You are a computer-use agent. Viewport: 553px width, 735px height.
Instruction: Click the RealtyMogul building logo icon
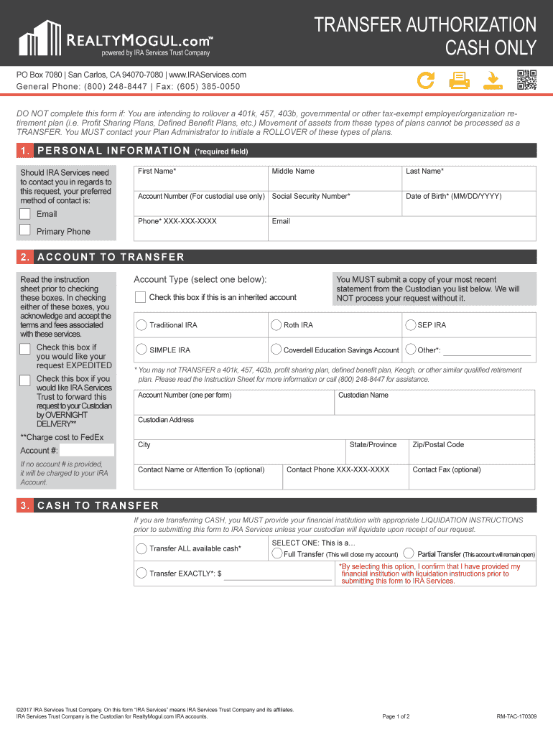(x=41, y=38)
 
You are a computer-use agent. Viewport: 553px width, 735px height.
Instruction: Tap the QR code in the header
(x=526, y=80)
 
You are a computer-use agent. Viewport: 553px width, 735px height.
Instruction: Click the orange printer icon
(x=459, y=80)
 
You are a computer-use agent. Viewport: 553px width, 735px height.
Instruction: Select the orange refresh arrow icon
(x=426, y=80)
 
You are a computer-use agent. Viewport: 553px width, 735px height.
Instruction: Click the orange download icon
(x=493, y=80)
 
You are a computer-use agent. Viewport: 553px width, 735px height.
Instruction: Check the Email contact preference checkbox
(x=25, y=213)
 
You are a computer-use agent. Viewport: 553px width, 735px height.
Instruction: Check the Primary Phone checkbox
(x=25, y=230)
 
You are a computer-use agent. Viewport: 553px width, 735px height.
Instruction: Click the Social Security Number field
(x=335, y=207)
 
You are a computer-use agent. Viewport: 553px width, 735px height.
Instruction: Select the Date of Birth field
(x=468, y=207)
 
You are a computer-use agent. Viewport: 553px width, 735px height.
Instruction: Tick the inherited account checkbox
(x=141, y=297)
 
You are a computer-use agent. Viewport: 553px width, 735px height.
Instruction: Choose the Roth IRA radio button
(x=276, y=325)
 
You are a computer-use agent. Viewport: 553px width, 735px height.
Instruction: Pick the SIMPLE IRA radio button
(x=141, y=350)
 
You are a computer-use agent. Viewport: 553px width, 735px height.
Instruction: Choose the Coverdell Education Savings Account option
(x=276, y=350)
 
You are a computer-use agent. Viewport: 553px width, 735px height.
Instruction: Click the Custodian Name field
(x=434, y=406)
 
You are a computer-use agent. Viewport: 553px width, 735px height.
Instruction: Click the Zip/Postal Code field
(x=471, y=455)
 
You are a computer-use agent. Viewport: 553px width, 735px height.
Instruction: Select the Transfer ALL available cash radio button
(x=141, y=549)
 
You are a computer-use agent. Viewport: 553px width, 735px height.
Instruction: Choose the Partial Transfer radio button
(x=409, y=554)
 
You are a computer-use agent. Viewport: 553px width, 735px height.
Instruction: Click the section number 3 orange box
(x=25, y=505)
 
